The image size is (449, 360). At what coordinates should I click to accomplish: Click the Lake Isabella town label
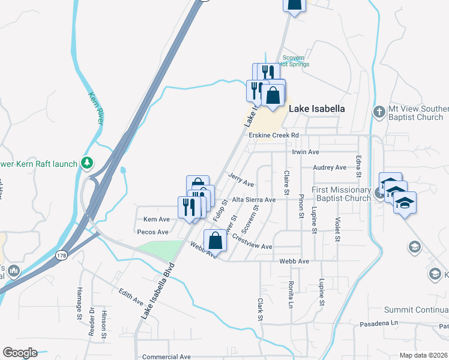point(317,109)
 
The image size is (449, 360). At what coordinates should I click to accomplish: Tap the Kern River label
point(96,108)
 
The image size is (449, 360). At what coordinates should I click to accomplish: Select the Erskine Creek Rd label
point(274,136)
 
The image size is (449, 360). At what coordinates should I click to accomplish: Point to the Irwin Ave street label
point(306,152)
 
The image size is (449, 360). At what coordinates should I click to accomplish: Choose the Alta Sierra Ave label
point(254,199)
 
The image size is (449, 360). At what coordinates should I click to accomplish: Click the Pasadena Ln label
point(379,323)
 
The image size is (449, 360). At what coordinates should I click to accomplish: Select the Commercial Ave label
point(166,356)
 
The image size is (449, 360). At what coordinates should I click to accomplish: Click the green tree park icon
point(87,163)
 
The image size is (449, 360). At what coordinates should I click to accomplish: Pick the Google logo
point(20,353)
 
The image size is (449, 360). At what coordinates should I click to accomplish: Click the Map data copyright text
point(424,355)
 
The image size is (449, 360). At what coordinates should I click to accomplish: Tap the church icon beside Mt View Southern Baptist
point(379,112)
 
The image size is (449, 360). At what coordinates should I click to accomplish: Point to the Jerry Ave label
point(241,179)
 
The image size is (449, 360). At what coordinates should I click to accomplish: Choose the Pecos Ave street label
point(153,232)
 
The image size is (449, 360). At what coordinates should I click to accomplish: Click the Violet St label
point(337,229)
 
